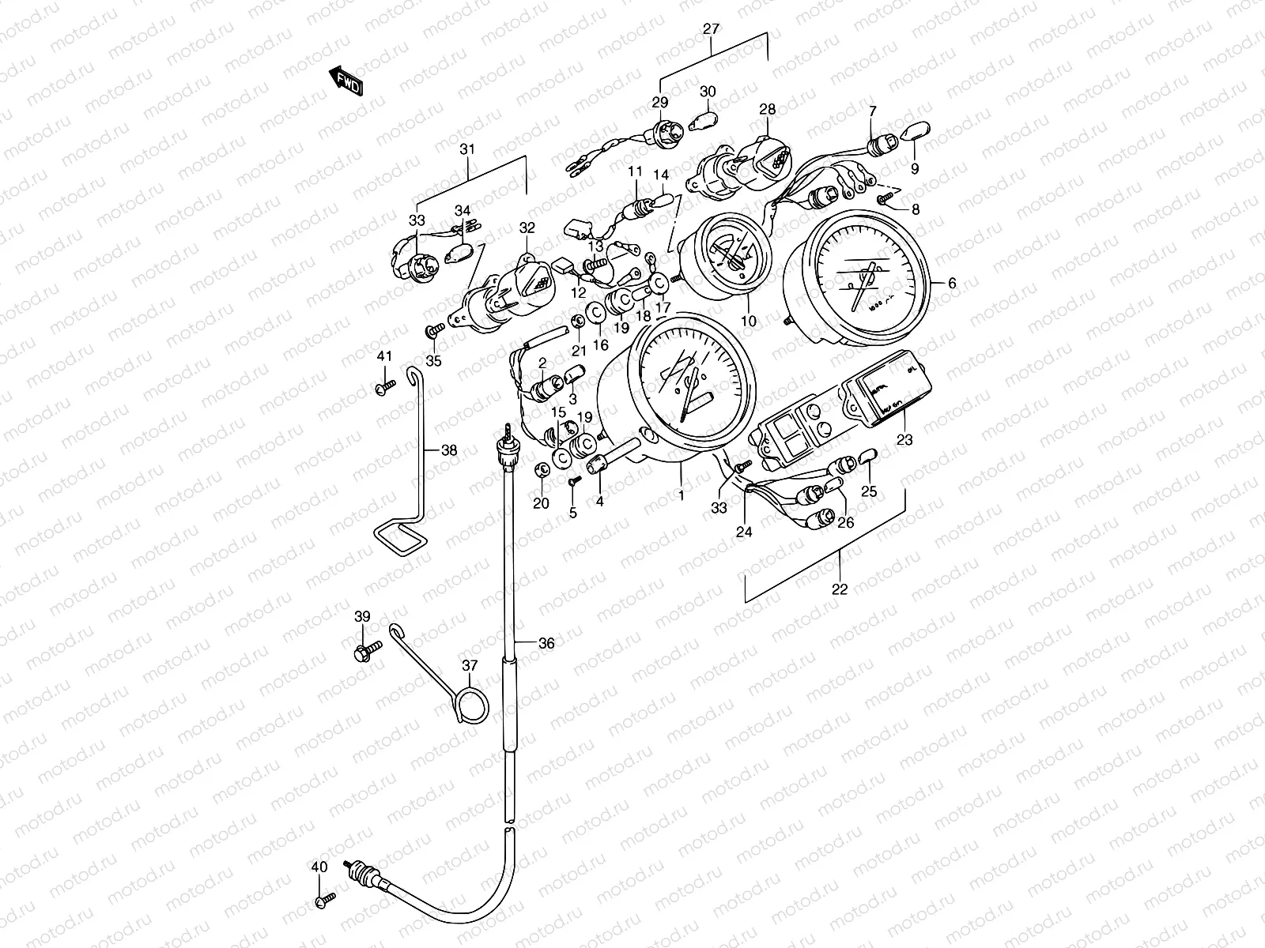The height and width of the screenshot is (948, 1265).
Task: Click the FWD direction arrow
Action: (346, 80)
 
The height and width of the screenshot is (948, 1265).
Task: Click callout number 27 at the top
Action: (711, 30)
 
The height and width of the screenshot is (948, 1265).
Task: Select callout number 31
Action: (468, 149)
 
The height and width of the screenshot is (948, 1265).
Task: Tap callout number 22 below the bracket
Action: (840, 589)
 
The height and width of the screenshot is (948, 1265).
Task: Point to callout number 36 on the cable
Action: (546, 643)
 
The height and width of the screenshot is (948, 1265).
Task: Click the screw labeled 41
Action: (384, 389)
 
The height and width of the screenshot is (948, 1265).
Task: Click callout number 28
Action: (768, 110)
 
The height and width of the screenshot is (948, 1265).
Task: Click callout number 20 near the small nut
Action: (541, 504)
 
